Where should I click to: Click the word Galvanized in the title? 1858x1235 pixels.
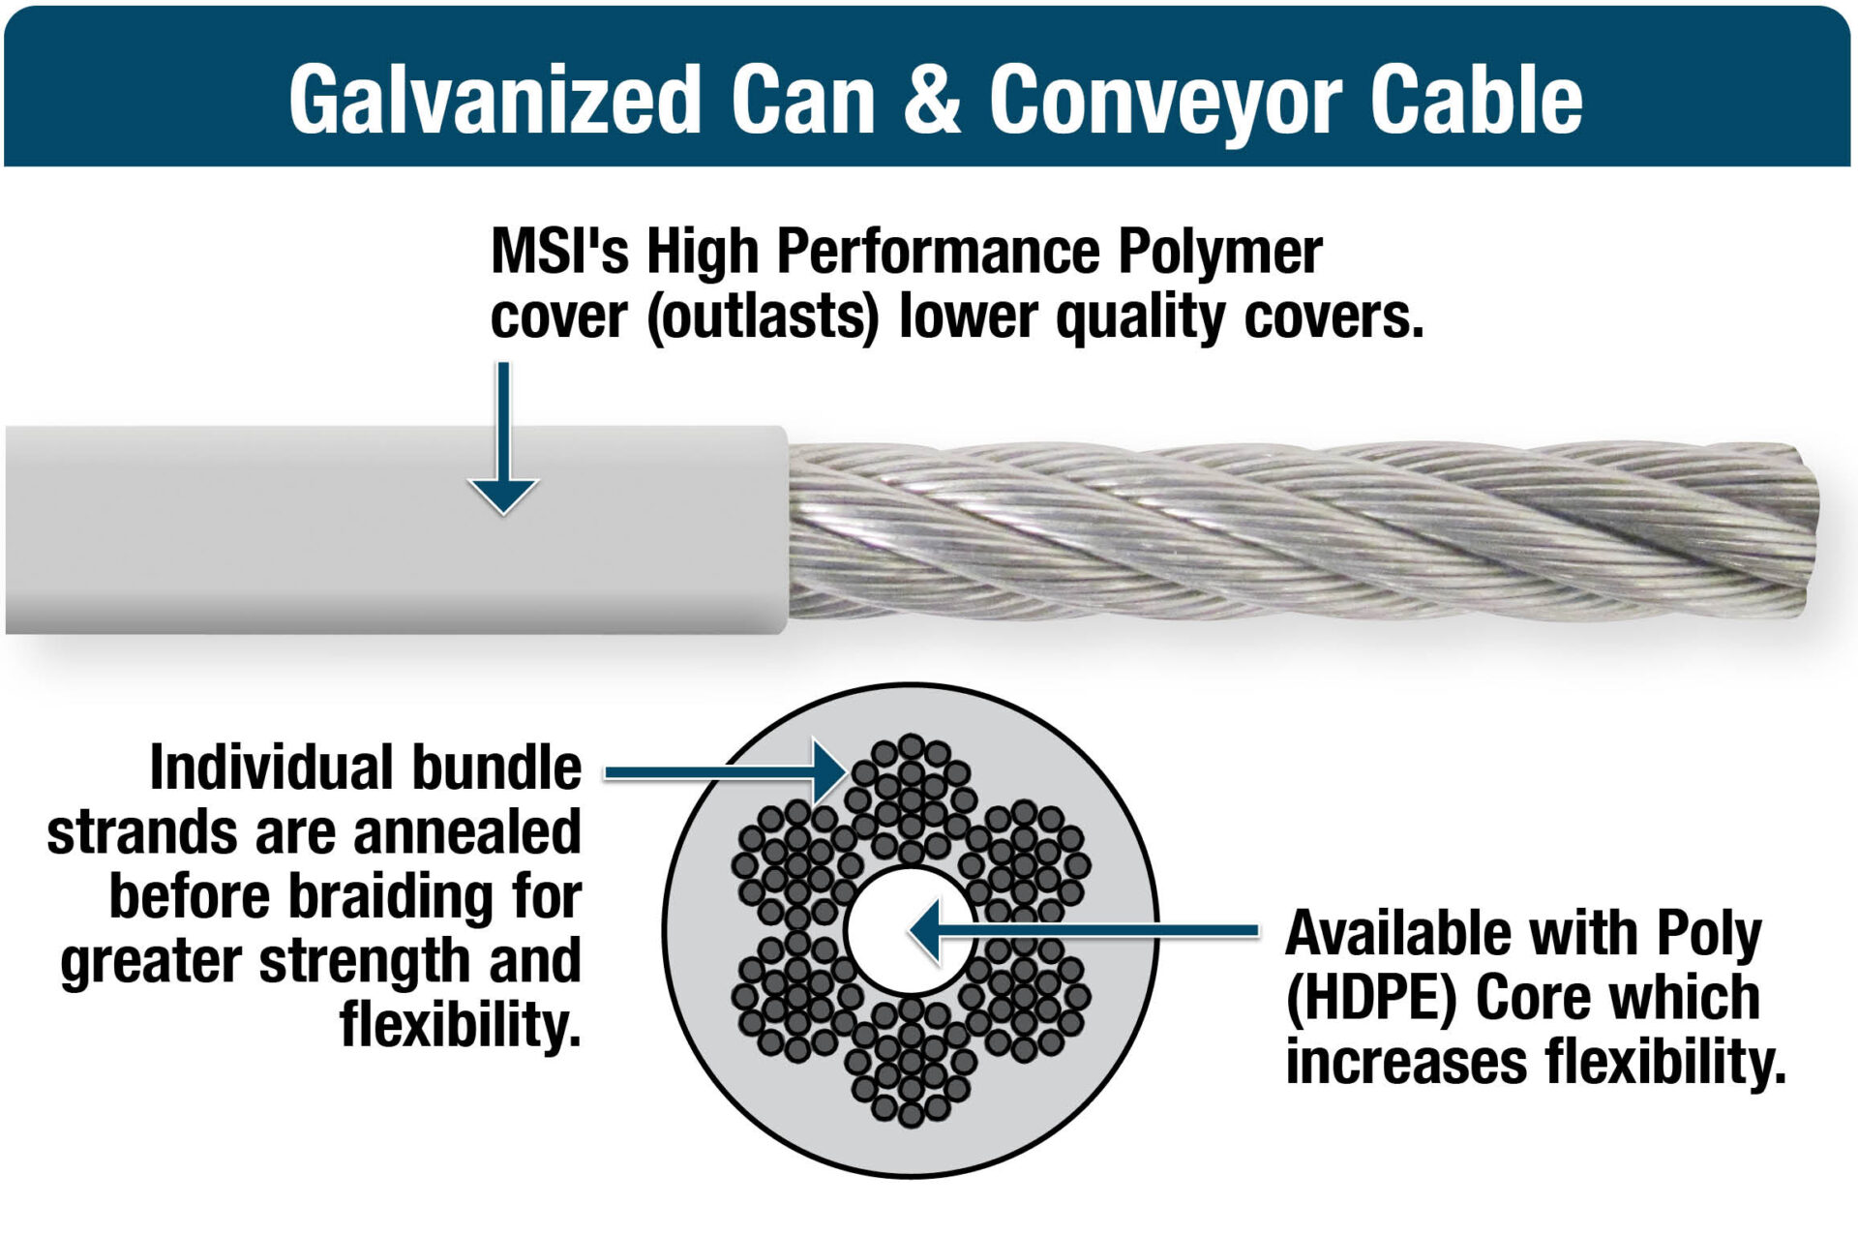click(494, 100)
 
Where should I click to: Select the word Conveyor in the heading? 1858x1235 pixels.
click(1165, 102)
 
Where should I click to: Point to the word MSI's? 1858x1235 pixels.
click(560, 252)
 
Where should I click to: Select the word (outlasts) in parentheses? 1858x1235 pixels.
click(763, 317)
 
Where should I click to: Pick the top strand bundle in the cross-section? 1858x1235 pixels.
click(911, 799)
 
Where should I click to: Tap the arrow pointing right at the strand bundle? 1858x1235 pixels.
click(726, 771)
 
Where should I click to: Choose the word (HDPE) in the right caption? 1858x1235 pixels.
click(1370, 998)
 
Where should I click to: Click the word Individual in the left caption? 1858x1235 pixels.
click(271, 768)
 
